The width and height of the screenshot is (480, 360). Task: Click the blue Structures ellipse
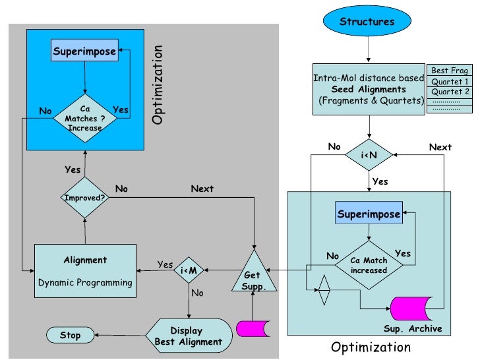coord(367,22)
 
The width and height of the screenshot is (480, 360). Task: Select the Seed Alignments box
coord(369,89)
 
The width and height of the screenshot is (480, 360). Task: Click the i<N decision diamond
coord(369,155)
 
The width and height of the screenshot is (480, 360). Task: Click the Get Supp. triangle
coord(252,274)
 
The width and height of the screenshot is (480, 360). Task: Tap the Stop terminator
coord(70,336)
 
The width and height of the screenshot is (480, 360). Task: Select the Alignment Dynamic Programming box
coord(85,271)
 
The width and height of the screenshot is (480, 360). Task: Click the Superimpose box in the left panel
coord(84,51)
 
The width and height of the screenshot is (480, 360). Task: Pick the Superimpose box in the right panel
coord(369,214)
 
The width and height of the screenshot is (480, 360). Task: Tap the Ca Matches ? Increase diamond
coord(84,118)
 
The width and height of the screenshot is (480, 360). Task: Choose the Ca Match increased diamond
coord(369,265)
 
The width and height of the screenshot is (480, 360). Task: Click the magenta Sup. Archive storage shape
coord(410,309)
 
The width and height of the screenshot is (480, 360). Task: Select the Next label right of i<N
coord(440,147)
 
